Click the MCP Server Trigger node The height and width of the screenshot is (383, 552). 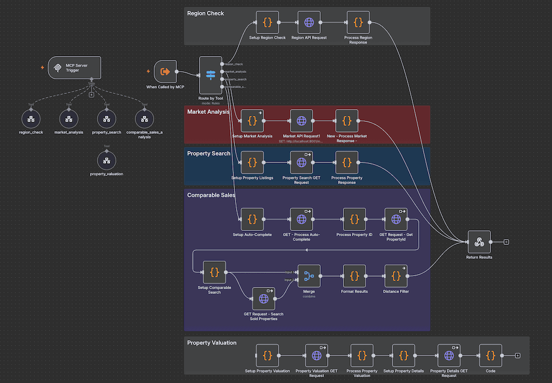click(74, 68)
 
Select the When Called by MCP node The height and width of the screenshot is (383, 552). click(165, 71)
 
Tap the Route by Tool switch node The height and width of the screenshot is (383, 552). click(210, 75)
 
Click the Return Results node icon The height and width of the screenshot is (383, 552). click(479, 242)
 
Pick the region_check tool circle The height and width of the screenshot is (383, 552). click(31, 118)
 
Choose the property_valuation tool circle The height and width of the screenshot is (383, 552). click(106, 160)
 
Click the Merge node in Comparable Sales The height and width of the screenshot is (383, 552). click(309, 276)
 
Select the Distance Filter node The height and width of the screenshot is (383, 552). click(396, 276)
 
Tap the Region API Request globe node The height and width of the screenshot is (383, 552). click(309, 23)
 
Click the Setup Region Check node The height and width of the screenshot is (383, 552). click(267, 23)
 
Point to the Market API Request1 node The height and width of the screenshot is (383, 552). click(301, 121)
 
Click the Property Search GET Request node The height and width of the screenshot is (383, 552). click(301, 162)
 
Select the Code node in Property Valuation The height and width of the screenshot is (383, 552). click(491, 355)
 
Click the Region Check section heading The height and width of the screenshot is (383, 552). click(205, 13)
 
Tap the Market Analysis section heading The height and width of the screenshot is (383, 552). click(208, 112)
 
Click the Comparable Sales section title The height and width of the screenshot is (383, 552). click(211, 195)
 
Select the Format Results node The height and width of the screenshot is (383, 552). click(354, 276)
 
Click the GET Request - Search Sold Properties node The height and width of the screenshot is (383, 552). click(264, 298)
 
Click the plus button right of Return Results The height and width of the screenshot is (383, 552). click(506, 242)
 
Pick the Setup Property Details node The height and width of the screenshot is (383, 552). click(404, 355)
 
